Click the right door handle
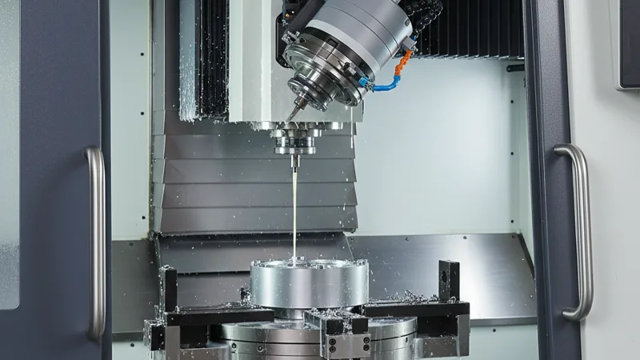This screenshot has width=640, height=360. (x=581, y=232)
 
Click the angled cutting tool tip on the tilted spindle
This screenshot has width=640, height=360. (x=294, y=112)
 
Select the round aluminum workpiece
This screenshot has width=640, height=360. (x=309, y=283)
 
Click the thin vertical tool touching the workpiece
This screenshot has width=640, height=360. (x=295, y=200)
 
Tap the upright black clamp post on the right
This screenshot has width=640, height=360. (x=449, y=281)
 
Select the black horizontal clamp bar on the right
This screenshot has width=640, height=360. (x=416, y=308)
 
